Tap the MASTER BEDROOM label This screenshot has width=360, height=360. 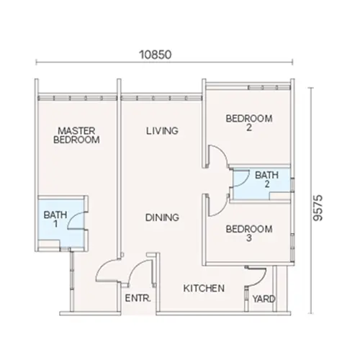click(76, 135)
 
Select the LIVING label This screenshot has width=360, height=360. click(161, 131)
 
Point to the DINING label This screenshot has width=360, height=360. click(161, 217)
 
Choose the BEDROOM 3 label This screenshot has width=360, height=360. click(248, 234)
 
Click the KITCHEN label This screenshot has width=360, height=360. click(204, 288)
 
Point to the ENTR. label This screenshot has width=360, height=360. click(137, 297)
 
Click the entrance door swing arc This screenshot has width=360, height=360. click(109, 269)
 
